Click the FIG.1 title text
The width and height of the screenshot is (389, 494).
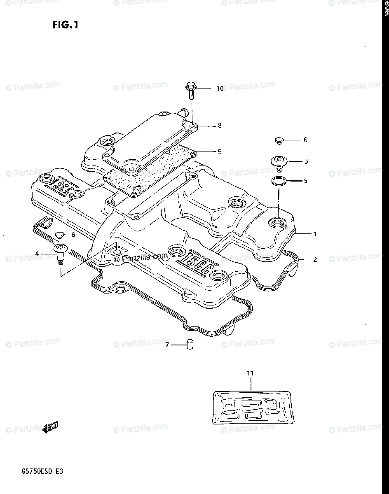click(x=65, y=26)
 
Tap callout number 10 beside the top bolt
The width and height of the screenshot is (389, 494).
click(x=220, y=89)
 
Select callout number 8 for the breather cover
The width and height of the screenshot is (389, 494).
click(x=220, y=125)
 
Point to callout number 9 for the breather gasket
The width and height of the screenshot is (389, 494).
click(x=220, y=151)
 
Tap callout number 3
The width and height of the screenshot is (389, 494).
click(x=306, y=161)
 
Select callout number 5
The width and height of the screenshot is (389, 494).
click(x=306, y=181)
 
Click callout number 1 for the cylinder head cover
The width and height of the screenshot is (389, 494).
click(x=315, y=234)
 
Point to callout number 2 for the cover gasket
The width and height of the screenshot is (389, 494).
click(x=315, y=260)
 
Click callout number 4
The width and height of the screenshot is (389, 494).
click(x=37, y=254)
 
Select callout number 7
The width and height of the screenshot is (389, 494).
click(x=167, y=345)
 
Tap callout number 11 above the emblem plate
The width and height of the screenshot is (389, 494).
click(x=250, y=373)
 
